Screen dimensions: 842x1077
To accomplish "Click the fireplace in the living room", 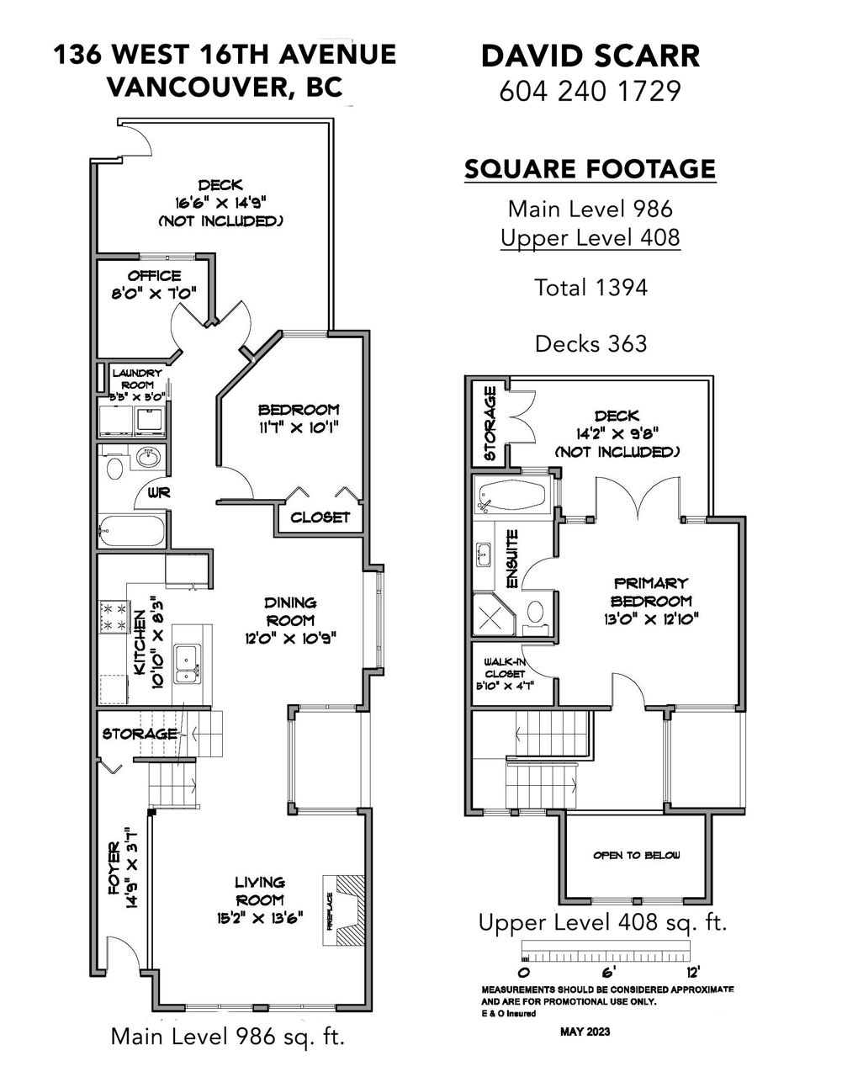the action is pyautogui.click(x=344, y=910).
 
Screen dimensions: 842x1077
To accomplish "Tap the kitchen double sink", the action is pyautogui.click(x=187, y=664).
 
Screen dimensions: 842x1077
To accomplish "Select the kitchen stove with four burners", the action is pyautogui.click(x=114, y=617).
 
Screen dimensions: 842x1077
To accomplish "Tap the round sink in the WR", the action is pyautogui.click(x=149, y=457).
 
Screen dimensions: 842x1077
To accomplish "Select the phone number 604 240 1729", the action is pyautogui.click(x=590, y=91).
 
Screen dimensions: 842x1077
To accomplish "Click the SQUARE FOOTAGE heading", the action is pyautogui.click(x=590, y=169).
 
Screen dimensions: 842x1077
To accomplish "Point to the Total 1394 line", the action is pyautogui.click(x=590, y=288).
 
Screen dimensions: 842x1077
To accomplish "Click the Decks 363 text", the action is pyautogui.click(x=590, y=343).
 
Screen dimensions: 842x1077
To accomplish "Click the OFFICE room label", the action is pyautogui.click(x=154, y=276).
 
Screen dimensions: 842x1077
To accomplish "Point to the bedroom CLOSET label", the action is pyautogui.click(x=320, y=517).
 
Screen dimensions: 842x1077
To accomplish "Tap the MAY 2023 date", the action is pyautogui.click(x=585, y=1032).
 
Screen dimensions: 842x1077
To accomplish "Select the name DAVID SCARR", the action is pyautogui.click(x=590, y=56).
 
